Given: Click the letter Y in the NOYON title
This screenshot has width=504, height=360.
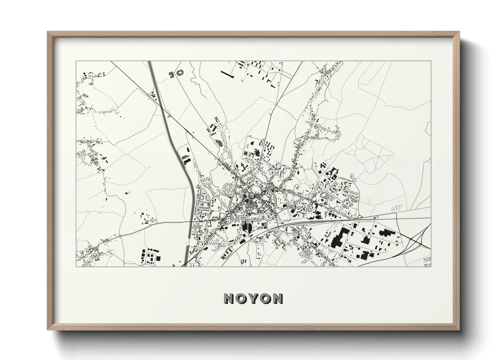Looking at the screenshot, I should coord(253,299).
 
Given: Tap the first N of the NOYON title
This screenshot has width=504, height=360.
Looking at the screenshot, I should coord(229,299).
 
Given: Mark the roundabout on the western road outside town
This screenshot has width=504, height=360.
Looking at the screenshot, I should coord(120,236).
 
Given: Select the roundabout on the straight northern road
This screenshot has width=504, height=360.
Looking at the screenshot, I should coord(264,140).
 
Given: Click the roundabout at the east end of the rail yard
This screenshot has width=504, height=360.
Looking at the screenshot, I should coord(359,216).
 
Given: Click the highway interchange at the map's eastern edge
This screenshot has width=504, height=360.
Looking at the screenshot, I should coord(419,238).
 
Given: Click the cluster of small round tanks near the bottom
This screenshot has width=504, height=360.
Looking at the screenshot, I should coord(244,261).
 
